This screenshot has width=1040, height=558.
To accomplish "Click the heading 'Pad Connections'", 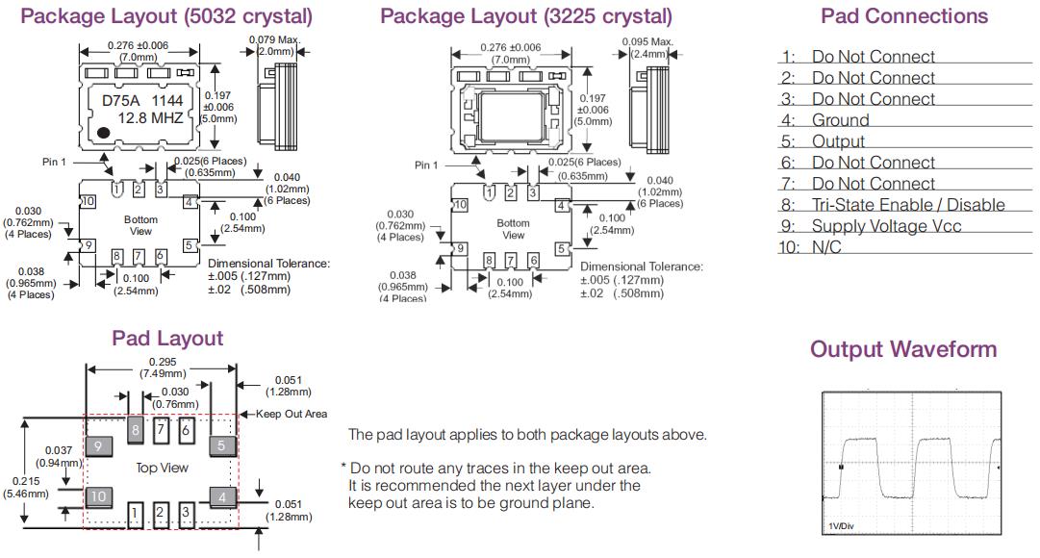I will click(903, 16).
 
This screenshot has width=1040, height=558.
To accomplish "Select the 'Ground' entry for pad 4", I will click(840, 120).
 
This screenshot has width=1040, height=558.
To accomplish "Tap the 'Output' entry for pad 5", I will click(838, 141).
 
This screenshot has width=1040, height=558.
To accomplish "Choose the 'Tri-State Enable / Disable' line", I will click(907, 205).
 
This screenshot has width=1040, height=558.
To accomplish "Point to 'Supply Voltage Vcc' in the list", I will click(885, 226).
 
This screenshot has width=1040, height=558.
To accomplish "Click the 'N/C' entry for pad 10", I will click(827, 247).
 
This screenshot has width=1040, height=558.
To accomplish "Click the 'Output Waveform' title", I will click(903, 348).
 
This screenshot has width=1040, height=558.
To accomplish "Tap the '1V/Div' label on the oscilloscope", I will click(842, 525).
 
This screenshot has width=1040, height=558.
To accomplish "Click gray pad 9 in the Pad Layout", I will click(98, 445).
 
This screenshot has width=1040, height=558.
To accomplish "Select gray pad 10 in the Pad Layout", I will click(98, 496).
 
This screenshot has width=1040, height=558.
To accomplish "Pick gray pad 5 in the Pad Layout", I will click(221, 445).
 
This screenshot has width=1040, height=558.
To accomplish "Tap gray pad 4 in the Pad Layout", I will click(221, 496).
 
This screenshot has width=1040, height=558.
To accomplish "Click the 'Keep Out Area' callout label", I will click(292, 414).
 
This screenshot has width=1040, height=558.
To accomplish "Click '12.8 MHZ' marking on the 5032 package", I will click(150, 118).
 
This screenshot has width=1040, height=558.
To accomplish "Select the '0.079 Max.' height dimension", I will click(272, 39).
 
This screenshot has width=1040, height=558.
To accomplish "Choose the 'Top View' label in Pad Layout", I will click(162, 468).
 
